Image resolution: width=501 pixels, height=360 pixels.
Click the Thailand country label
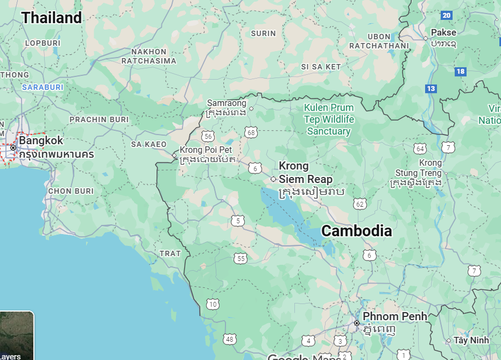tap(52, 18)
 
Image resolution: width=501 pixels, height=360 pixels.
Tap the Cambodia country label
tap(356, 231)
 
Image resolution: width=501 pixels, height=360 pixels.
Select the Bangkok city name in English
tap(41, 141)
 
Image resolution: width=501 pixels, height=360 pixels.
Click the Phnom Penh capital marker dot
tap(356, 323)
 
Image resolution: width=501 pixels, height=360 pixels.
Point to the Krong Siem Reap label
tap(305, 173)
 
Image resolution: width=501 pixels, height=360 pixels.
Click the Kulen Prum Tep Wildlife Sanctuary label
tap(328, 119)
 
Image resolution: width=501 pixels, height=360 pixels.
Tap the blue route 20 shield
tap(446, 15)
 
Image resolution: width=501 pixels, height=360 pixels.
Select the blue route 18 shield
tap(460, 71)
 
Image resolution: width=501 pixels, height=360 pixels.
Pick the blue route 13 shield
tap(431, 89)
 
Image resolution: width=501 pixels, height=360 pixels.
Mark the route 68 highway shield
tap(250, 132)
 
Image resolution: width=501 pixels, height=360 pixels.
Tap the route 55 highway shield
tap(241, 259)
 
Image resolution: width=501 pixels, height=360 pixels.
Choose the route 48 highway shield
tap(230, 339)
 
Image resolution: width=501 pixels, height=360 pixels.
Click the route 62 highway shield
tap(360, 203)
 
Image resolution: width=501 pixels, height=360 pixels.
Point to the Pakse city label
tap(443, 32)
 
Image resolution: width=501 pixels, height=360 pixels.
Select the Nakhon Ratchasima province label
tap(149, 56)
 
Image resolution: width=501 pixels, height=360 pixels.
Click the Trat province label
tap(170, 253)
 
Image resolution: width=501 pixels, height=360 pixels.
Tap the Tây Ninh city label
tap(471, 340)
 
